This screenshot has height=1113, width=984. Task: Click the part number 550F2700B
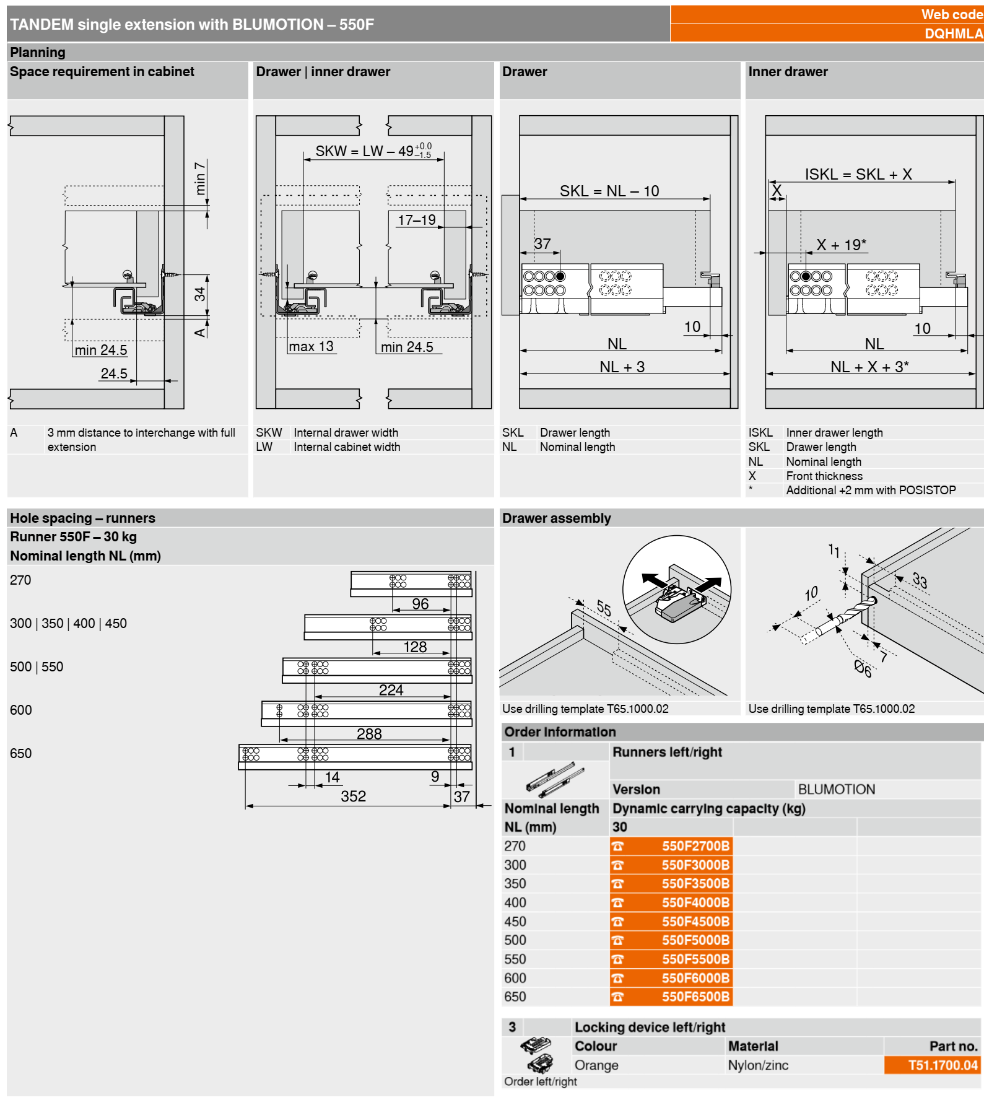pos(695,845)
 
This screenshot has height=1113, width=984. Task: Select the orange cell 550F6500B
pos(671,997)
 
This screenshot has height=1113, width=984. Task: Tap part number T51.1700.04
pos(943,1065)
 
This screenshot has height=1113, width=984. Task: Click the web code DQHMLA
pos(954,33)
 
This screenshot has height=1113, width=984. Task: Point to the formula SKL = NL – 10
pos(609,191)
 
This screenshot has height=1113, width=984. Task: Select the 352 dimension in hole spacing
pos(353,796)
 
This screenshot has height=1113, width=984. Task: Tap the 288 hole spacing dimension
pos(369,733)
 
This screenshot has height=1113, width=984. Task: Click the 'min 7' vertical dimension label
pos(199,178)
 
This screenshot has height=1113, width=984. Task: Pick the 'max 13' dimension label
pos(311,346)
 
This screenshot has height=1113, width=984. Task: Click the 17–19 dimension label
pos(417,220)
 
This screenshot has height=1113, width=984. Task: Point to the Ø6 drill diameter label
pos(863,668)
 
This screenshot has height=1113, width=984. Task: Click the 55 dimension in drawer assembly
pos(604,608)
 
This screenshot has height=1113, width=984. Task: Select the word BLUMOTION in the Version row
pos(836,789)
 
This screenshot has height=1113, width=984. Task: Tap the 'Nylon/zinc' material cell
pos(758,1065)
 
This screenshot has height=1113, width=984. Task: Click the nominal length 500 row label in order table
pos(515,940)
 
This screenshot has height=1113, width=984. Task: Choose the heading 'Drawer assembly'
pos(557,518)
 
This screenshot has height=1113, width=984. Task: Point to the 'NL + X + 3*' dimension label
pos(869,367)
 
